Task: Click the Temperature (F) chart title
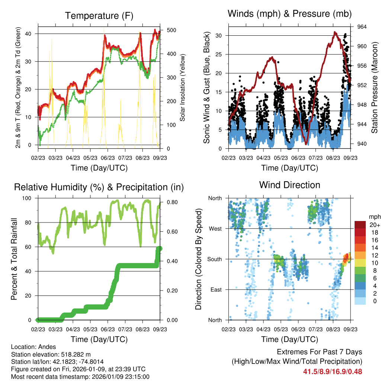[x=99, y=16]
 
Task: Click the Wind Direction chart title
[x=289, y=185]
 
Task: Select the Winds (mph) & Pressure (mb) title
[x=289, y=14]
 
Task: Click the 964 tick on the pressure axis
[x=362, y=27]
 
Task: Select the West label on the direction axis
[x=215, y=229]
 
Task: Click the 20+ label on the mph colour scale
[x=374, y=225]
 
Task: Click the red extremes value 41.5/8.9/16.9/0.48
[x=333, y=371]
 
